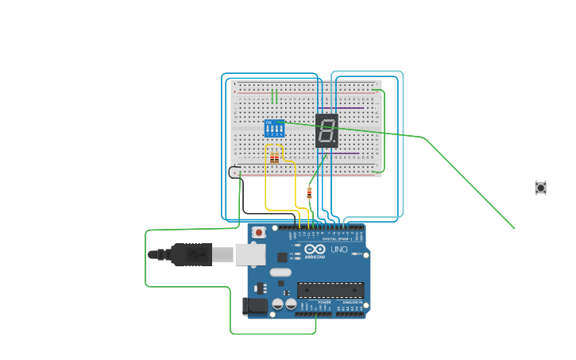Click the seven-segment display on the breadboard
[x=327, y=131]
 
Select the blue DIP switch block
[x=274, y=129]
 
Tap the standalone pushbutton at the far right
[x=540, y=188]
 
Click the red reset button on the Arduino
[x=259, y=232]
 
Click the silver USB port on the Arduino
[x=250, y=254]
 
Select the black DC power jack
[x=254, y=305]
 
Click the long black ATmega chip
[x=331, y=290]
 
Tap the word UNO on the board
[x=339, y=250]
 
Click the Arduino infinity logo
[x=315, y=249]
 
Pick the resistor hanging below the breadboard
[x=309, y=192]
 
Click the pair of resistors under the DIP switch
[x=274, y=158]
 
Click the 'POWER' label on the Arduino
[x=324, y=303]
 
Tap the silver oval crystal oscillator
[x=280, y=273]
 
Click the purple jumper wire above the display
[x=350, y=107]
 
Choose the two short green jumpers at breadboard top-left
[x=274, y=96]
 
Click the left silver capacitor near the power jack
[x=277, y=304]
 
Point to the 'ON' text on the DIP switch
[x=269, y=122]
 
